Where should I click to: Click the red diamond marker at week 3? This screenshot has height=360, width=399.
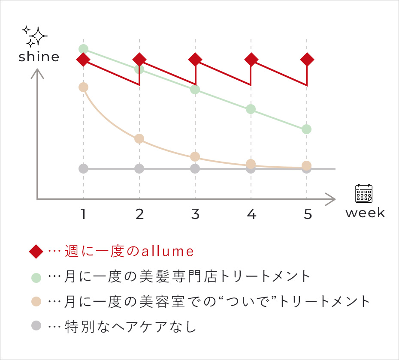coord(195,59)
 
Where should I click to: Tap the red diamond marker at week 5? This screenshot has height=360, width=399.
coord(307,59)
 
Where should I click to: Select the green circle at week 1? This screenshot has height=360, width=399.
coord(83,49)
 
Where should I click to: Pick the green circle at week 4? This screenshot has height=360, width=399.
coord(251,109)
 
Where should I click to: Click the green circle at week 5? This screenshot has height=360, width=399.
coord(306,129)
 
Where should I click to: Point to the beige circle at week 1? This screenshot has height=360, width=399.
coord(83,87)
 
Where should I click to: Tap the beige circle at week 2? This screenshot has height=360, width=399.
coord(139,138)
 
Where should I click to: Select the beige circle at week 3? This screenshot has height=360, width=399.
coord(195,156)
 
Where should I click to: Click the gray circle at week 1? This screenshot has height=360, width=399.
coord(83,168)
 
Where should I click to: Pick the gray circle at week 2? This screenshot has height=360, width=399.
coord(139,168)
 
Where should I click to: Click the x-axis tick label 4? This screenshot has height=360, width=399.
coord(252,214)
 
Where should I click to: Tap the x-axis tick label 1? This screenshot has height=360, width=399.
coord(83,214)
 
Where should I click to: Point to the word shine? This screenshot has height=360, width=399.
coord(39,57)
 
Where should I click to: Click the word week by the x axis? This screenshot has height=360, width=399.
coord(365,213)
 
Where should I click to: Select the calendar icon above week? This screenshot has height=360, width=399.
coord(364,193)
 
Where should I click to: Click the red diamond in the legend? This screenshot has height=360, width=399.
coord(36,252)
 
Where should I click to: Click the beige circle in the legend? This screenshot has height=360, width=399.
coord(36,301)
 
